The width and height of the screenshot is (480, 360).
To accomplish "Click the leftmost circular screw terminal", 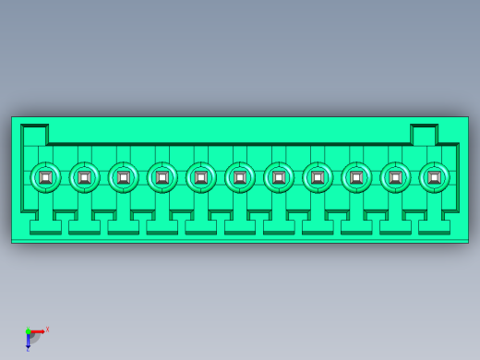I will coord(45,177).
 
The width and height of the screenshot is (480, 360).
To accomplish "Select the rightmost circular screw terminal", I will coord(434,177).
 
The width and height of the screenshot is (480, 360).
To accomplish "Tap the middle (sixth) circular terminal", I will coord(240,177).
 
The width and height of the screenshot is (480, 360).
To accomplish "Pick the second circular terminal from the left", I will coord(84,177).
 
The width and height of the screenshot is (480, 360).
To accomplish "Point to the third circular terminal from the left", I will coord(123,177).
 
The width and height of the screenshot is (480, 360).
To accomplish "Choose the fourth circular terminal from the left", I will coord(162,177).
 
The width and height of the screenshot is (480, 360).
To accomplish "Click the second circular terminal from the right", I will coord(395,177).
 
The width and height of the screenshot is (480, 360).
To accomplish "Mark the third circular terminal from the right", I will coord(356,177).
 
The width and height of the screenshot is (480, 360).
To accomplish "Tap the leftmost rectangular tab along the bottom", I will coord(45,226).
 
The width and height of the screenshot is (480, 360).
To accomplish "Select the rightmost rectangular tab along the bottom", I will coord(434,226).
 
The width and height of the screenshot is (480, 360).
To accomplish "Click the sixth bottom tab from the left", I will coord(240,226).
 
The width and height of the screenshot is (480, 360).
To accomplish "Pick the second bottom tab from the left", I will coord(84,226).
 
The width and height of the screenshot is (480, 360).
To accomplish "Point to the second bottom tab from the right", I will coord(395,226).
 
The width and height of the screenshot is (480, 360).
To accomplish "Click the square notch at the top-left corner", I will coord(34,136).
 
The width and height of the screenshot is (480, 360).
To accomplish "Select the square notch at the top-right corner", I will coord(424,136).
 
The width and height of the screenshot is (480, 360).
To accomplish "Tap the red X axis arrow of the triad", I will coord(37,331).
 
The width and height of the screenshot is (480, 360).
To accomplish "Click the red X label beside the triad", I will coord(47,329).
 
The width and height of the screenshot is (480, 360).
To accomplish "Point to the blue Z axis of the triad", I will coord(28,342).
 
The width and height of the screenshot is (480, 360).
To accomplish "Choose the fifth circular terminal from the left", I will coord(201,177).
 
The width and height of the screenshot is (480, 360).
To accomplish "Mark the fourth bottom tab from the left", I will coord(162,226).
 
